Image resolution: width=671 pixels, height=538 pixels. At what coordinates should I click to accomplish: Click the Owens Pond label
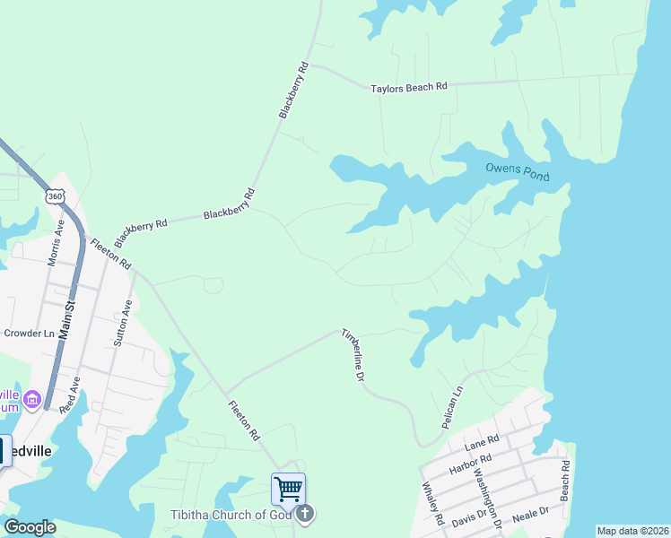[516, 169]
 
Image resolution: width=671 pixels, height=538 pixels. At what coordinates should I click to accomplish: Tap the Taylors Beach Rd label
[409, 88]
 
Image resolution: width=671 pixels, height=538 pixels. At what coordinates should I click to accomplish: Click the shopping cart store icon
[288, 490]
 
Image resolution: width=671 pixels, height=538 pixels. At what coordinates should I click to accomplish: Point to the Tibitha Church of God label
[231, 515]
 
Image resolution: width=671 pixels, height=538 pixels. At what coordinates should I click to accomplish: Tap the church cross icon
[305, 514]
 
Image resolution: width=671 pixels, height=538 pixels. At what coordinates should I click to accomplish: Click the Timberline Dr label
[353, 356]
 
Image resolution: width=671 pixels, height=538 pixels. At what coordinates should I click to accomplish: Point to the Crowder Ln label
[30, 333]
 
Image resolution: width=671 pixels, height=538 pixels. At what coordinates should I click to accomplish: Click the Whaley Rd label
[431, 504]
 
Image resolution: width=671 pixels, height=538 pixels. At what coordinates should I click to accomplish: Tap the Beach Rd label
[565, 480]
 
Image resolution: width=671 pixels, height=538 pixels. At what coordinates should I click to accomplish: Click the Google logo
[29, 527]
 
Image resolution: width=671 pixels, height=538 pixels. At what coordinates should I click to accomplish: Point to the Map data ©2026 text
[632, 531]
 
